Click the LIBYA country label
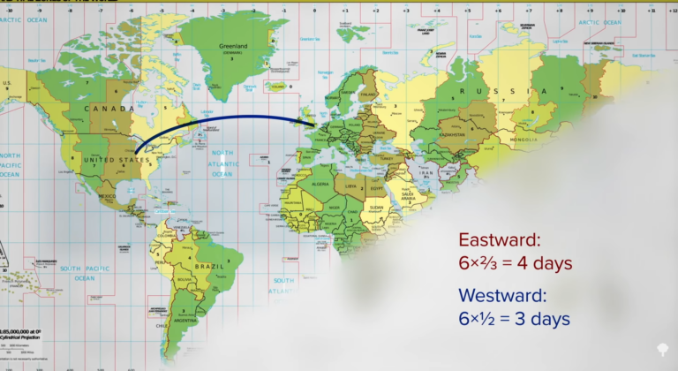351,185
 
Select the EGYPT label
376,187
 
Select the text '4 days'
546,263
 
